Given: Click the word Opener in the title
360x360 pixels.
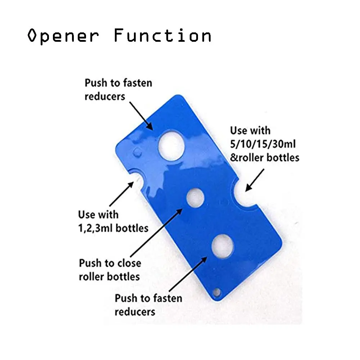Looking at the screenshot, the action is [63, 36].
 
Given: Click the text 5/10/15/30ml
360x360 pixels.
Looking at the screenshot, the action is [263, 144].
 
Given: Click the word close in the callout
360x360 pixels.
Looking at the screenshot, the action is [127, 263].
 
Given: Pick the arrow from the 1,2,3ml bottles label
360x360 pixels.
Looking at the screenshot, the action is [121, 195].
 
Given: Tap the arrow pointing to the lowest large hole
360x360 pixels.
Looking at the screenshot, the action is [187, 274].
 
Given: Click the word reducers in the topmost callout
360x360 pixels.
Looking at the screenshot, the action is [105, 96].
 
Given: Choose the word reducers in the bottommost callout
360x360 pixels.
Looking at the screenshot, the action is [135, 312].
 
